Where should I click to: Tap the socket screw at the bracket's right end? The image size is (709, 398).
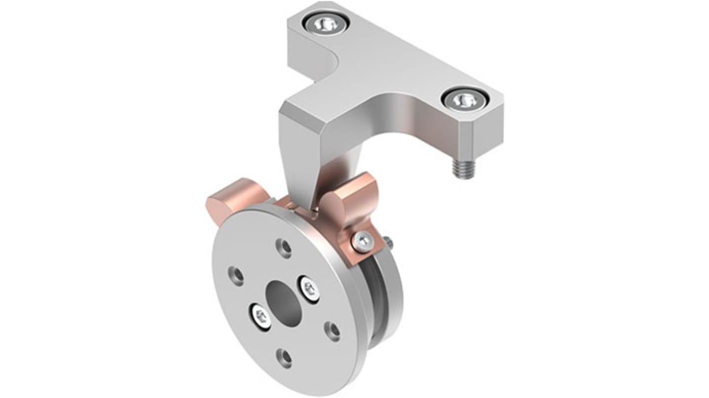(x=463, y=101)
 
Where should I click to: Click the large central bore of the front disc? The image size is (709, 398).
(x=284, y=301)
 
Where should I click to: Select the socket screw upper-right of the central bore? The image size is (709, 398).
(x=309, y=289)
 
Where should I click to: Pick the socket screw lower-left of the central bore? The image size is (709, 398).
(x=261, y=316)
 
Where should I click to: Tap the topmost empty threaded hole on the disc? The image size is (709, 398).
(x=284, y=247)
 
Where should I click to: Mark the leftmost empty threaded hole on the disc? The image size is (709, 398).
(x=236, y=275)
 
